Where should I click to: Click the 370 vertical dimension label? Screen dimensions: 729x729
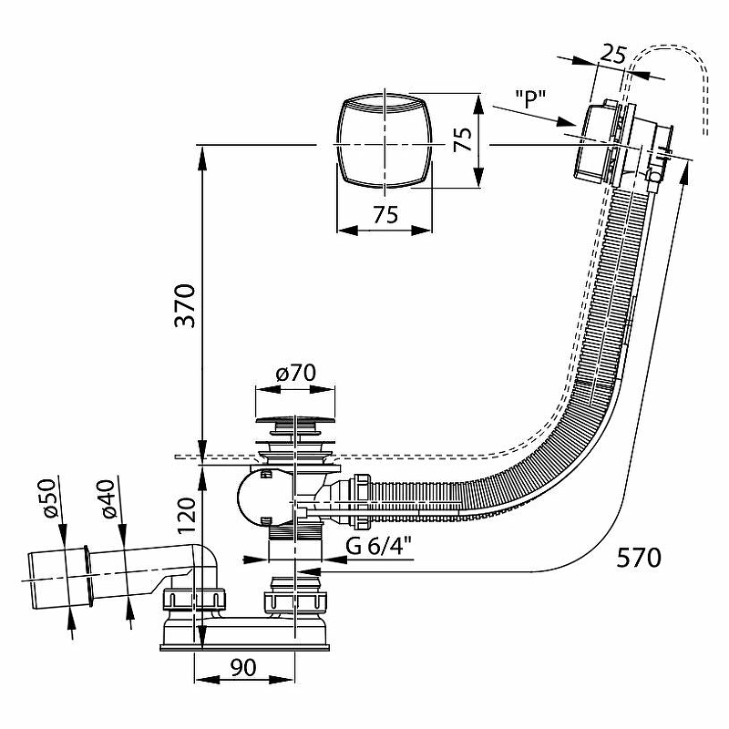coord(185,310)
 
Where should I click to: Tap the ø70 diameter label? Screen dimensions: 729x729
coord(294,373)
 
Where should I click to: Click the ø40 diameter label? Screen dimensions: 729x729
coord(109,500)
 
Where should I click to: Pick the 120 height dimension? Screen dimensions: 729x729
coord(186,517)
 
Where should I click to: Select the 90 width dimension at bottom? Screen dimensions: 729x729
coord(241,667)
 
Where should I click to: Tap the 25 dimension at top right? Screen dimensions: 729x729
coord(614,55)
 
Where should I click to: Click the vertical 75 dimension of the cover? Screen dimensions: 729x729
coord(463,139)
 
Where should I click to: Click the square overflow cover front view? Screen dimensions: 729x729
coord(384,141)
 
